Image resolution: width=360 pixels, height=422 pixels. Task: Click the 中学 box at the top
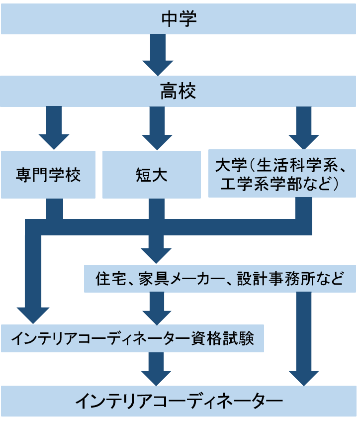click(x=180, y=19)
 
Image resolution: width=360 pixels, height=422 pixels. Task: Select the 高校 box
click(x=180, y=91)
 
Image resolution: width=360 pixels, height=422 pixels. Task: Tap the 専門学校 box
click(x=48, y=175)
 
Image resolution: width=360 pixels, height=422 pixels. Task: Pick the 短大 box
click(x=151, y=175)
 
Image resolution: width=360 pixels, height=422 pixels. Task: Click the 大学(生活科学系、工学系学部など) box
click(x=282, y=173)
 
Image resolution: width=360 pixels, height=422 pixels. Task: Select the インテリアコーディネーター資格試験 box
click(x=132, y=339)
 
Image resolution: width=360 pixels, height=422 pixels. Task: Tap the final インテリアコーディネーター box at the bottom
click(x=180, y=400)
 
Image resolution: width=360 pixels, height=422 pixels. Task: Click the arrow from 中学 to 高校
click(x=158, y=55)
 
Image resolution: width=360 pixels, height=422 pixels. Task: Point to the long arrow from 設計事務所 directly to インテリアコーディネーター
click(x=303, y=338)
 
